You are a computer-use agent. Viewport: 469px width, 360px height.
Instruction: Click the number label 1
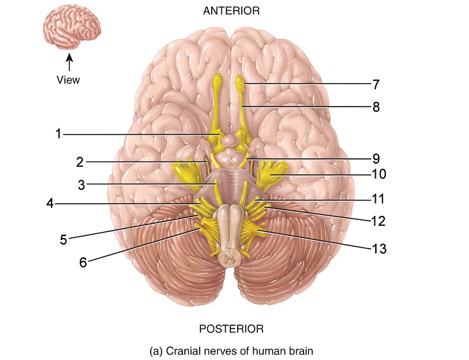[59, 133]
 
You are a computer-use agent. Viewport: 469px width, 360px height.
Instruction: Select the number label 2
[80, 162]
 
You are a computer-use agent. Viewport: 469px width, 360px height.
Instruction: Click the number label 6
[83, 262]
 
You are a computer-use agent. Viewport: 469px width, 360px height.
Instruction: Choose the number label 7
[376, 84]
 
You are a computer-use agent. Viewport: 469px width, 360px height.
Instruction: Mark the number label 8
[376, 107]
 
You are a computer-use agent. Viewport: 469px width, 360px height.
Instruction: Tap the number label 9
[376, 159]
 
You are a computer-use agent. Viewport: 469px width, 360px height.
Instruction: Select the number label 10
[380, 174]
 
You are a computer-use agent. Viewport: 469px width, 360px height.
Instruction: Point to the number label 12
[380, 220]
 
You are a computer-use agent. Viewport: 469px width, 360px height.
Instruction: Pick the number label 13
[380, 247]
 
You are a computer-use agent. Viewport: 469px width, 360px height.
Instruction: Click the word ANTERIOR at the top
[230, 11]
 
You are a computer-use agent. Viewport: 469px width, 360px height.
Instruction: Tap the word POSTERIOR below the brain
[231, 328]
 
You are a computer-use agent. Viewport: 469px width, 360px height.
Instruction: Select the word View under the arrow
[68, 80]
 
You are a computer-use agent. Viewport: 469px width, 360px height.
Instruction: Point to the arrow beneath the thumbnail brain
[68, 62]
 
